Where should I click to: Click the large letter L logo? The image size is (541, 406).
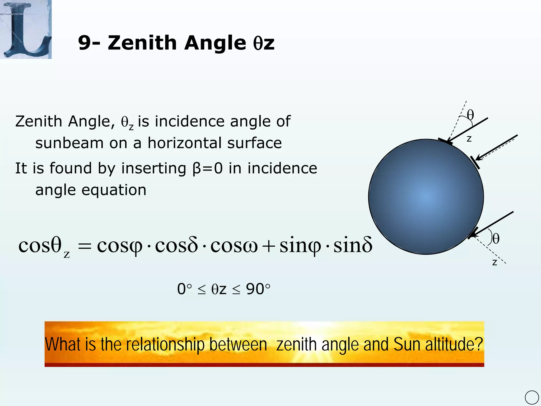coord(26,29)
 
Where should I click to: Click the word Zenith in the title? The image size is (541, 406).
coord(142,43)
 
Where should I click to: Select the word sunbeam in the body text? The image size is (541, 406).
coord(69,143)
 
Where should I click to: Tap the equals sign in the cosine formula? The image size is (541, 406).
coord(85,246)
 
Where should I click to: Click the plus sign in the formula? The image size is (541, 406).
coord(268,246)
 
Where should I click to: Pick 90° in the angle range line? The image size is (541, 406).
coord(258,289)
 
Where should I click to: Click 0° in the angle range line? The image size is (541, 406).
coord(184,289)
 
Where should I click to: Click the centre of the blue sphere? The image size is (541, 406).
coord(426,197)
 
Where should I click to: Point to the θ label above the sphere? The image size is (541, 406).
coord(470,115)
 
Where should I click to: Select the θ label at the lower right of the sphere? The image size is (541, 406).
coord(496,238)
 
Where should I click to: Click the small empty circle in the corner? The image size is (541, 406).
coord(532,398)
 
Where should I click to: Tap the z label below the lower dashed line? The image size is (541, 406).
coord(495,262)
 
